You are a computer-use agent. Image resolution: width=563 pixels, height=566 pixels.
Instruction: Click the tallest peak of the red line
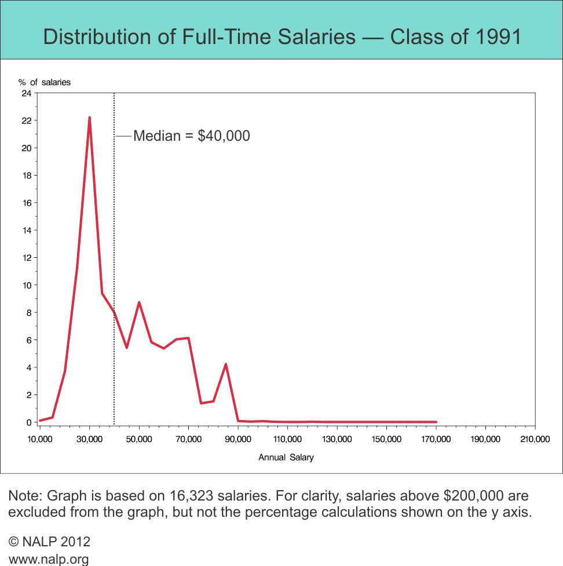89,118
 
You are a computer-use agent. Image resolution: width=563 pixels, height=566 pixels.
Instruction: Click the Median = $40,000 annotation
191,136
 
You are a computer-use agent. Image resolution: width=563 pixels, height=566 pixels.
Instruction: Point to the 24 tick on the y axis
27,93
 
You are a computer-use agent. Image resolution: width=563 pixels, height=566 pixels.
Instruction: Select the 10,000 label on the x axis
39,440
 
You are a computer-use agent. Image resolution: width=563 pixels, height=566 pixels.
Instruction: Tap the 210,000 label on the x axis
535,440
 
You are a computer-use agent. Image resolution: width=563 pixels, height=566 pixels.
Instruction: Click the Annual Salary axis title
286,458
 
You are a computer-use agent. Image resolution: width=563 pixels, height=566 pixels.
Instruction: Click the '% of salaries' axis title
44,82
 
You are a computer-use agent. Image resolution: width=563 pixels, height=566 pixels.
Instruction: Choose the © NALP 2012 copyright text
50,542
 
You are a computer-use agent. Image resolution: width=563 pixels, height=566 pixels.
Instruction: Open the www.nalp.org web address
49,559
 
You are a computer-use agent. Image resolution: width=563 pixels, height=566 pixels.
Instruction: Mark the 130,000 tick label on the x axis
337,440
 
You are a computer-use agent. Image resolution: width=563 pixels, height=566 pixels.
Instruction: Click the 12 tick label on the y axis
27,258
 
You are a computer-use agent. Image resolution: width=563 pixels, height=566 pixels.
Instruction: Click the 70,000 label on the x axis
188,440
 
